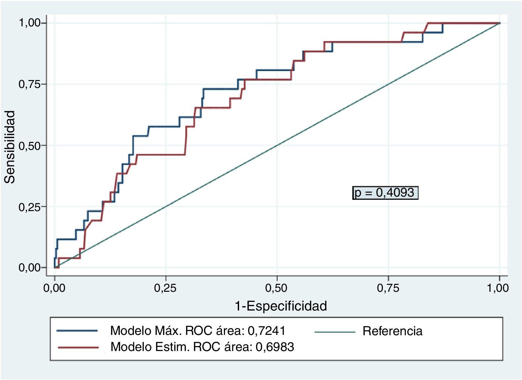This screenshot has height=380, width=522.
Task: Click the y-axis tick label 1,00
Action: tap(29, 23)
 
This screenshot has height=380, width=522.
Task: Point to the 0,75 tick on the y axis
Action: tap(29, 84)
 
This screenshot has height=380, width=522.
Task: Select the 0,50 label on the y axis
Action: tap(29, 146)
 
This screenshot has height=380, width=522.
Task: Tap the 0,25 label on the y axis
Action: tap(29, 207)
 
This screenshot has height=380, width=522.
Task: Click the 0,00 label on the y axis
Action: tap(29, 268)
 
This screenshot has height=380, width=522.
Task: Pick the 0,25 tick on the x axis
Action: tap(166, 288)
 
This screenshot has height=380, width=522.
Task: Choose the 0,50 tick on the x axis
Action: tap(277, 288)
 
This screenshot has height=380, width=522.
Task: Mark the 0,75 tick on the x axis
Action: tap(388, 288)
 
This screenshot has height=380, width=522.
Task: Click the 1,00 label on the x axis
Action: tap(498, 288)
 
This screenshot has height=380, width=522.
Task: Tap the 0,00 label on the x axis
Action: tap(55, 288)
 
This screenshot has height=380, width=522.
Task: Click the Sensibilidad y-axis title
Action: tap(10, 147)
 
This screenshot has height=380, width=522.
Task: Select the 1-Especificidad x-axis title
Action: tap(281, 306)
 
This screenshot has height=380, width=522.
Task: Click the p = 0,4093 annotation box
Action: tap(385, 193)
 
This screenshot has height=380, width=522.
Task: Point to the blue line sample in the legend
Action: tap(77, 331)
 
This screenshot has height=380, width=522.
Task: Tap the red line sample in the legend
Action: tap(77, 347)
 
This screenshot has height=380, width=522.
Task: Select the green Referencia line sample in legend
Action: tap(334, 332)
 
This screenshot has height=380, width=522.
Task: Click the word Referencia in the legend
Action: tap(392, 331)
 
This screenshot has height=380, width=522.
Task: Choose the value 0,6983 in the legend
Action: tap(275, 347)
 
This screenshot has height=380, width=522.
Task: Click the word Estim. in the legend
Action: tap(173, 347)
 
